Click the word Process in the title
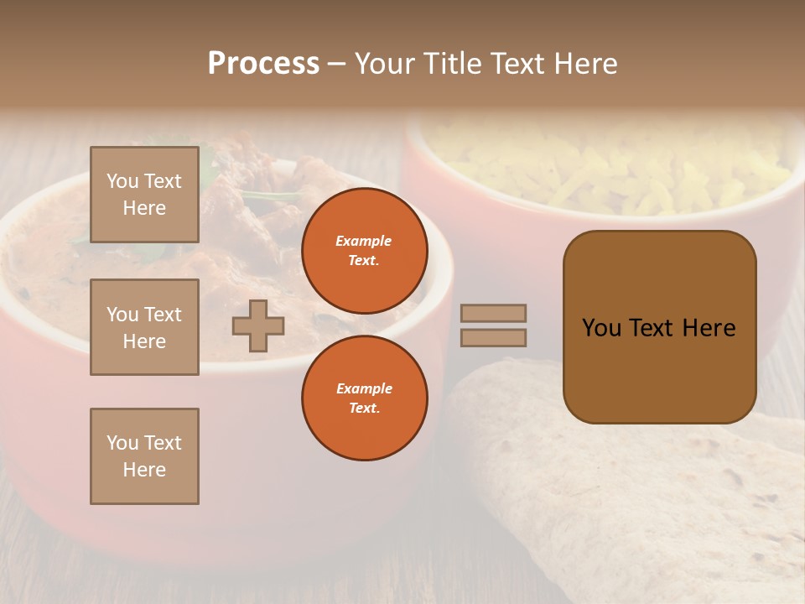click(x=263, y=64)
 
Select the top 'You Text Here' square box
click(x=144, y=195)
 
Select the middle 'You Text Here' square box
click(x=144, y=327)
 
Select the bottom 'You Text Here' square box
click(x=144, y=456)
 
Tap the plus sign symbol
click(x=258, y=325)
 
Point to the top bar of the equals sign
click(x=493, y=313)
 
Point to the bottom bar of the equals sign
click(x=493, y=337)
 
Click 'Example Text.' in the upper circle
click(x=364, y=251)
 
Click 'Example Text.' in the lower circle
click(x=364, y=398)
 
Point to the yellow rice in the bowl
click(x=612, y=168)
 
